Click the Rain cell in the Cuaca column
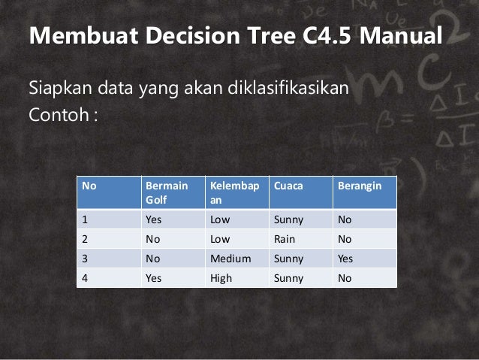coord(285,240)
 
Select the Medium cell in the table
coord(230,259)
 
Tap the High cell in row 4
coord(222,278)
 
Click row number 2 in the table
coord(86,240)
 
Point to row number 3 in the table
coord(86,259)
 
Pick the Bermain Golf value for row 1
coord(154,220)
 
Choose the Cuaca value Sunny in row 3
coord(288,259)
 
